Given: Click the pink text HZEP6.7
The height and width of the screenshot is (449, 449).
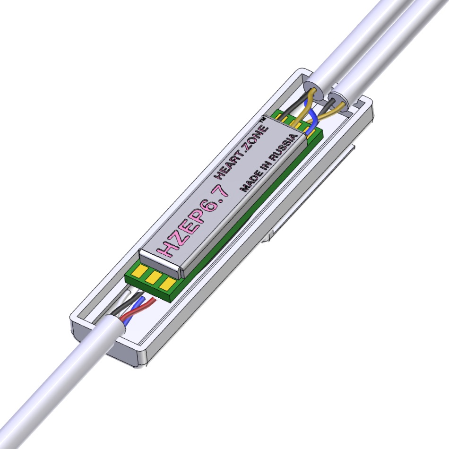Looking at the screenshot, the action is (x=193, y=221).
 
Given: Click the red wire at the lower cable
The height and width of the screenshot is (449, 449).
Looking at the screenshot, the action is (x=138, y=309).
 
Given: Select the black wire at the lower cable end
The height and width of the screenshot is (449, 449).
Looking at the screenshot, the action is (x=126, y=303).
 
